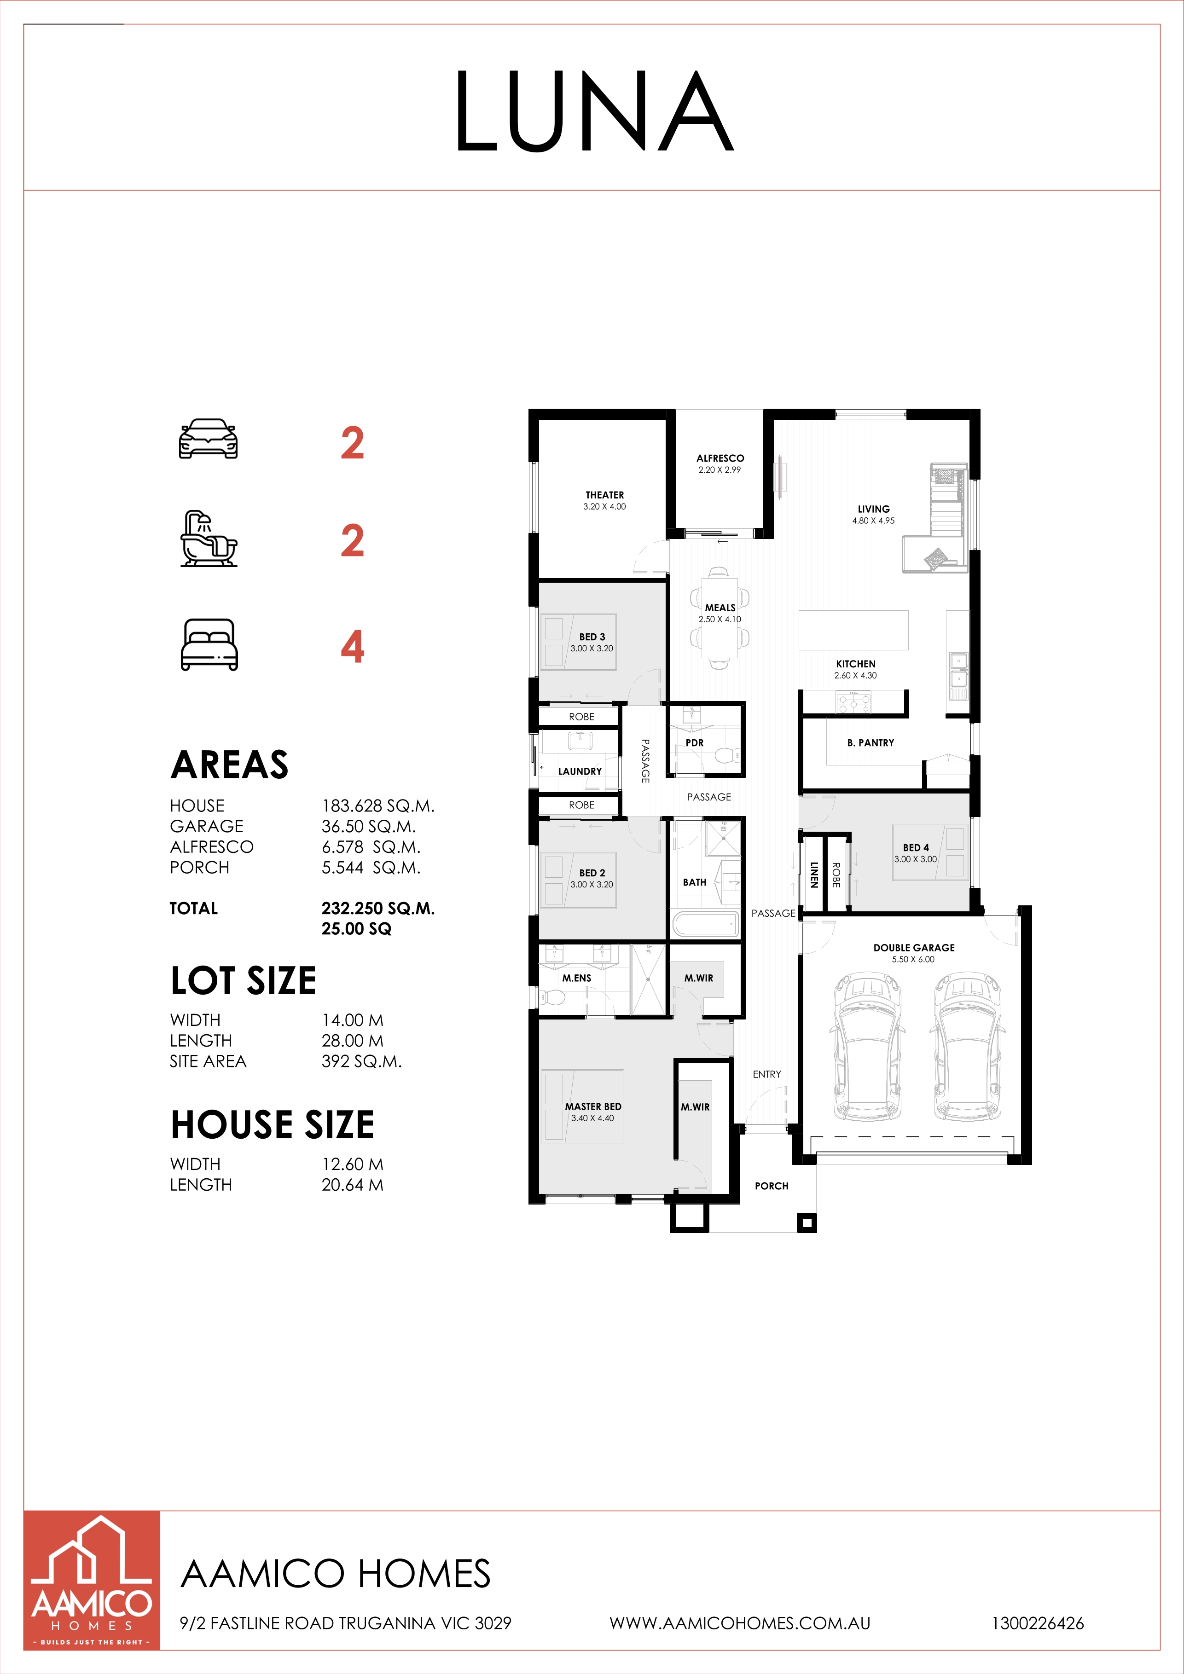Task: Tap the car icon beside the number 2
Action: click(x=209, y=439)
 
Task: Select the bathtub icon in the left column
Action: click(x=209, y=539)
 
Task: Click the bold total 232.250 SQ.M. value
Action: click(x=377, y=909)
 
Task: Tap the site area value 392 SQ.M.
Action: click(x=362, y=1061)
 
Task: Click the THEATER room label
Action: click(x=604, y=495)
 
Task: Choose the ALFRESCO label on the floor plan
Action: click(x=720, y=458)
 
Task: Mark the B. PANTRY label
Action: click(x=871, y=743)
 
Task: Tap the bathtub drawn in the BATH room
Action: click(x=706, y=925)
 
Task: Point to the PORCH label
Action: click(x=772, y=1186)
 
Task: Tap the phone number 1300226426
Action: click(x=1038, y=1624)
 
